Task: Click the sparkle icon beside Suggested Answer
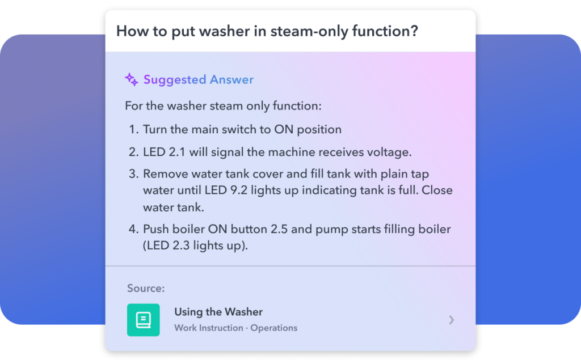pyautogui.click(x=132, y=79)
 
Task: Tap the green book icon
pyautogui.click(x=144, y=320)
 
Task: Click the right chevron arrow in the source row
pyautogui.click(x=451, y=320)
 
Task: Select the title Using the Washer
pyautogui.click(x=218, y=312)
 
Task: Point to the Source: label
pyautogui.click(x=146, y=288)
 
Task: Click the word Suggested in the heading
pyautogui.click(x=175, y=79)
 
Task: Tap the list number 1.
pyautogui.click(x=133, y=129)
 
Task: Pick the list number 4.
pyautogui.click(x=133, y=229)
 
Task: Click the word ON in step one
pyautogui.click(x=284, y=129)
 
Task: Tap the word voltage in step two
pyautogui.click(x=389, y=153)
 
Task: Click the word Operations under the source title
pyautogui.click(x=274, y=328)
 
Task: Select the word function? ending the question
pyautogui.click(x=385, y=31)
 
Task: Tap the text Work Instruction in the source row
pyautogui.click(x=209, y=328)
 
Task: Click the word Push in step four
pyautogui.click(x=154, y=229)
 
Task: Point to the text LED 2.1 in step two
pyautogui.click(x=164, y=152)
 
